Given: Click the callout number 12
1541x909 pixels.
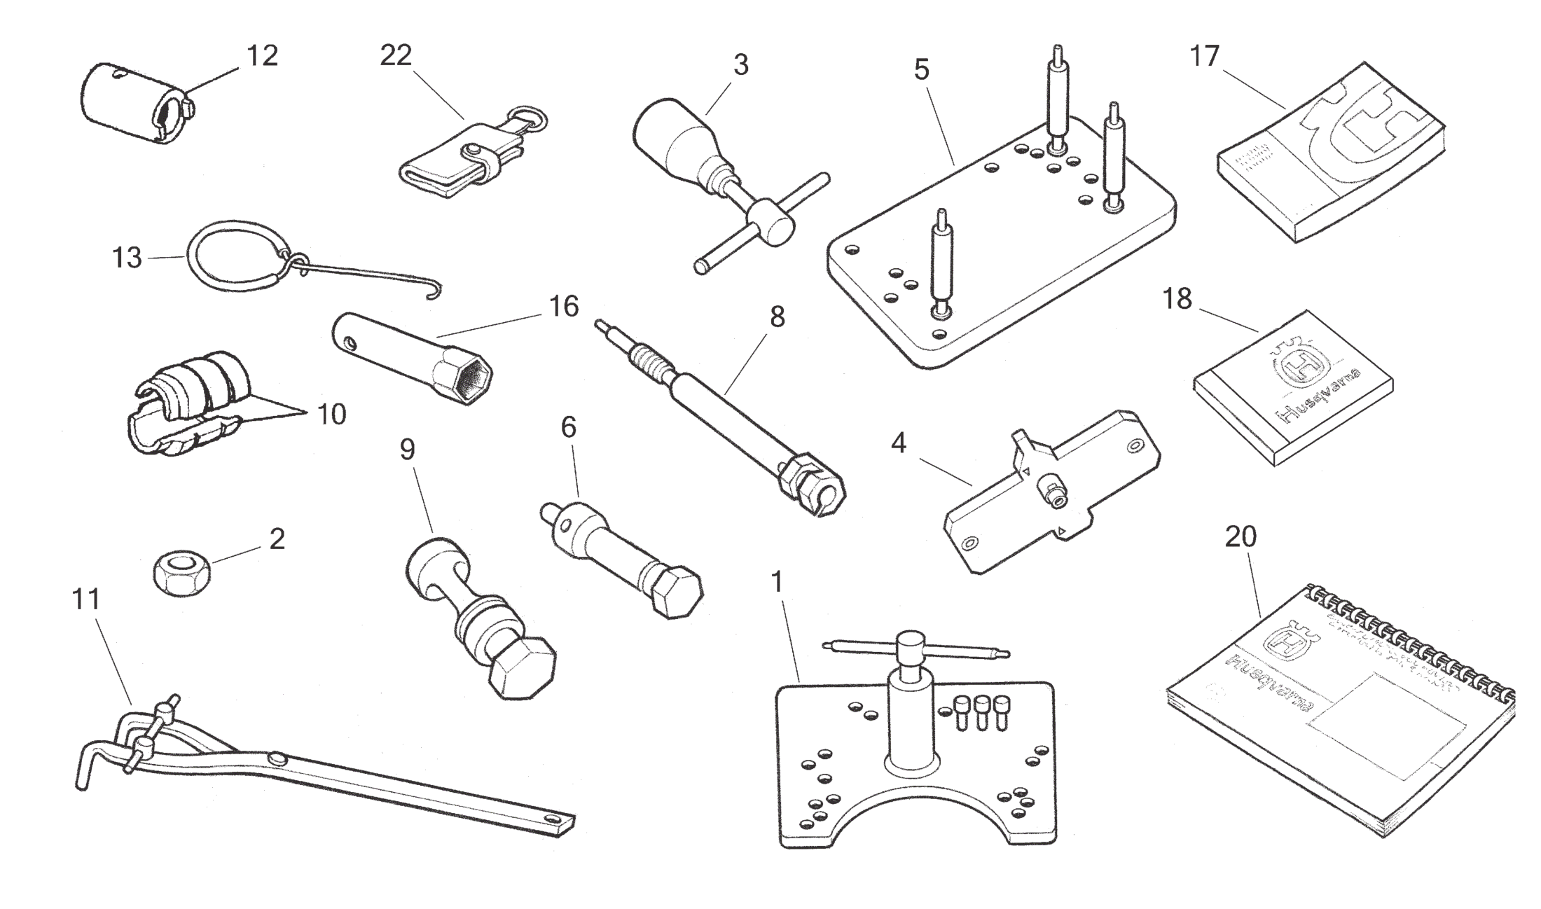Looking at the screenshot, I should pos(262,56).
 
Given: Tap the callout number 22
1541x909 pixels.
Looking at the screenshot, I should pos(396,56).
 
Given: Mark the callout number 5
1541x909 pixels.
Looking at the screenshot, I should pos(922,70).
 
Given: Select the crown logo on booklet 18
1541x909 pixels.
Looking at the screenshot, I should pos(1302,365).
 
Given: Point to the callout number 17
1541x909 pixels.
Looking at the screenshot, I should pos(1205,56).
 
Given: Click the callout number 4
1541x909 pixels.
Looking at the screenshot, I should pos(899,443).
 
